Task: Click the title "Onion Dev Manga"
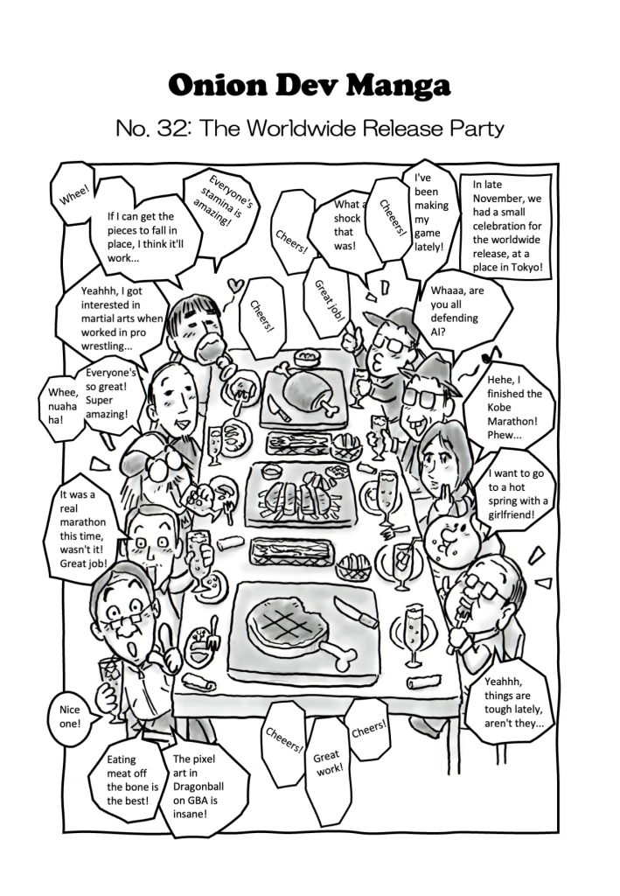click(x=310, y=86)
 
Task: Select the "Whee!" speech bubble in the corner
click(x=73, y=193)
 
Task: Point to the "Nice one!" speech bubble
click(x=71, y=717)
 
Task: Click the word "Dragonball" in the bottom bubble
click(x=199, y=787)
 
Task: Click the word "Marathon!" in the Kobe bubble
click(x=512, y=421)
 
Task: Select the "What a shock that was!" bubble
click(x=339, y=226)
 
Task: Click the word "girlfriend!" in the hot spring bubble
click(x=512, y=514)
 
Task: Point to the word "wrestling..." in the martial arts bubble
click(x=106, y=346)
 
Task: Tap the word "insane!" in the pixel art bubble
click(x=190, y=814)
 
